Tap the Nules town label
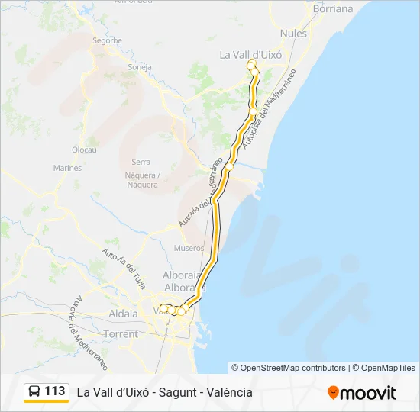293,34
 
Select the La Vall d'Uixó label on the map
250,55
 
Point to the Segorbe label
107,40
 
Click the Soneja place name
140,66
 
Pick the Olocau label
84,150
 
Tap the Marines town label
67,168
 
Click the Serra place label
141,162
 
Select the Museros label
189,248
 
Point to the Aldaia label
124,314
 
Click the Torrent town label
121,334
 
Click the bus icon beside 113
35,391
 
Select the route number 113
55,391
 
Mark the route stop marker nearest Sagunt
229,165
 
